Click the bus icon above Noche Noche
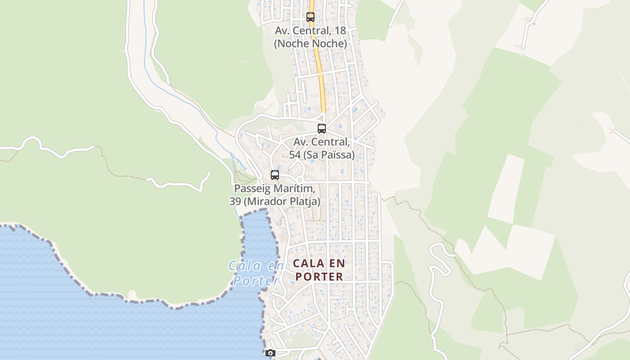(x=310, y=17)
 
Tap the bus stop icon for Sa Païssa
(x=322, y=129)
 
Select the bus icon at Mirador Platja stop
(x=275, y=175)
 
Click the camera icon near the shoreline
(x=270, y=353)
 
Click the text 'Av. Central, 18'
(x=310, y=31)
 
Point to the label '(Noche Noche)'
(x=310, y=44)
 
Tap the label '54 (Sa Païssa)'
(x=324, y=155)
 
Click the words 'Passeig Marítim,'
(x=274, y=189)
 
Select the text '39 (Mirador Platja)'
(x=275, y=201)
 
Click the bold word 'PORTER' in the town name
(x=319, y=277)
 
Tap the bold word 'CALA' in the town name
(x=308, y=263)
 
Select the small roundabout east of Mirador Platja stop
(x=300, y=180)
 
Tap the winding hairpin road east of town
(x=439, y=261)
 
